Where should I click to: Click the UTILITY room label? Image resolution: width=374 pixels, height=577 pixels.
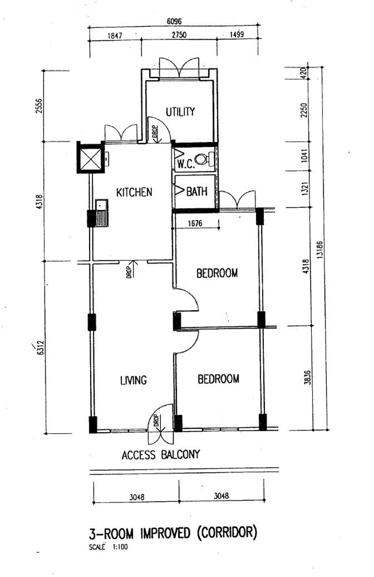(180, 112)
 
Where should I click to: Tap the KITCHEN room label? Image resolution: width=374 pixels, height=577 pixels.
(134, 192)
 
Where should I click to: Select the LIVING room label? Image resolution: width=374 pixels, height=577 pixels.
(133, 380)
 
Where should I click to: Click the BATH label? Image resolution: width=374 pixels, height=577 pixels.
(197, 191)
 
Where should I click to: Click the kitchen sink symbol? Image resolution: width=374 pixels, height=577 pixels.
(101, 213)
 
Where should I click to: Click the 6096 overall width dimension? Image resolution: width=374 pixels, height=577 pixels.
(174, 21)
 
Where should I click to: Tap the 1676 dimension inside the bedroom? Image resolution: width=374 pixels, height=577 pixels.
(195, 223)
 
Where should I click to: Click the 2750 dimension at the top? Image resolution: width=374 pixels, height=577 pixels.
(179, 35)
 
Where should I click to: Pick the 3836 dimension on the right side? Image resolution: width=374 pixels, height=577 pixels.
(307, 377)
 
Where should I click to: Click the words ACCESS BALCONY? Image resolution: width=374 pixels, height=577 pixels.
(161, 455)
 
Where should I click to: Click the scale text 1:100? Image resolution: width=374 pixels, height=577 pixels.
(120, 547)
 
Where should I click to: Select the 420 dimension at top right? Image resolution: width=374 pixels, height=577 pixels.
(303, 73)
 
